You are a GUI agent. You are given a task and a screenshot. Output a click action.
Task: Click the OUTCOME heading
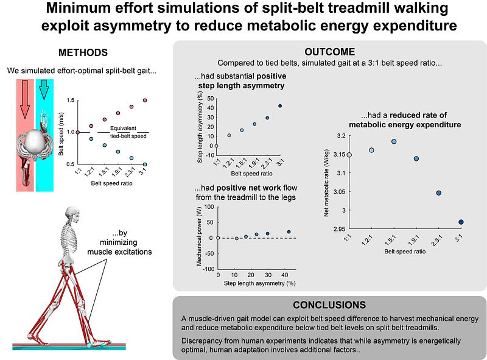330,52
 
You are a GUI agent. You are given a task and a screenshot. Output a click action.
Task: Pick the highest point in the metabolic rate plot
394,141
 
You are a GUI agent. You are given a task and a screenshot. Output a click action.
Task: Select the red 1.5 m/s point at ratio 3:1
145,101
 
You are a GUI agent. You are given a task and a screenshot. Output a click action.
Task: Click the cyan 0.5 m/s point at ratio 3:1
145,164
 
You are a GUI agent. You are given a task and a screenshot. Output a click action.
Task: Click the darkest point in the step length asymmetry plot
280,106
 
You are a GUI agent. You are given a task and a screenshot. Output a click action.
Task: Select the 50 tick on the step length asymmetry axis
211,97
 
